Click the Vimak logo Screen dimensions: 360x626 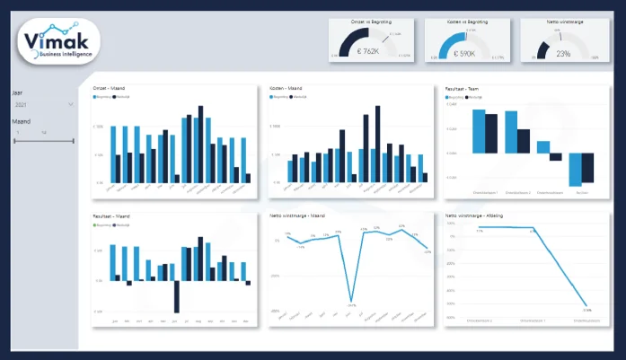(57, 43)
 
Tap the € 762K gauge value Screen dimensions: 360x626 (369, 53)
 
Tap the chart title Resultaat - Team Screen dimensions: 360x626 (464, 89)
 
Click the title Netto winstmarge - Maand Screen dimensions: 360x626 (297, 216)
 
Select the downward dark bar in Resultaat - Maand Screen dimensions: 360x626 (177, 295)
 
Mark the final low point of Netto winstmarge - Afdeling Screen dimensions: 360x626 (586, 307)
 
